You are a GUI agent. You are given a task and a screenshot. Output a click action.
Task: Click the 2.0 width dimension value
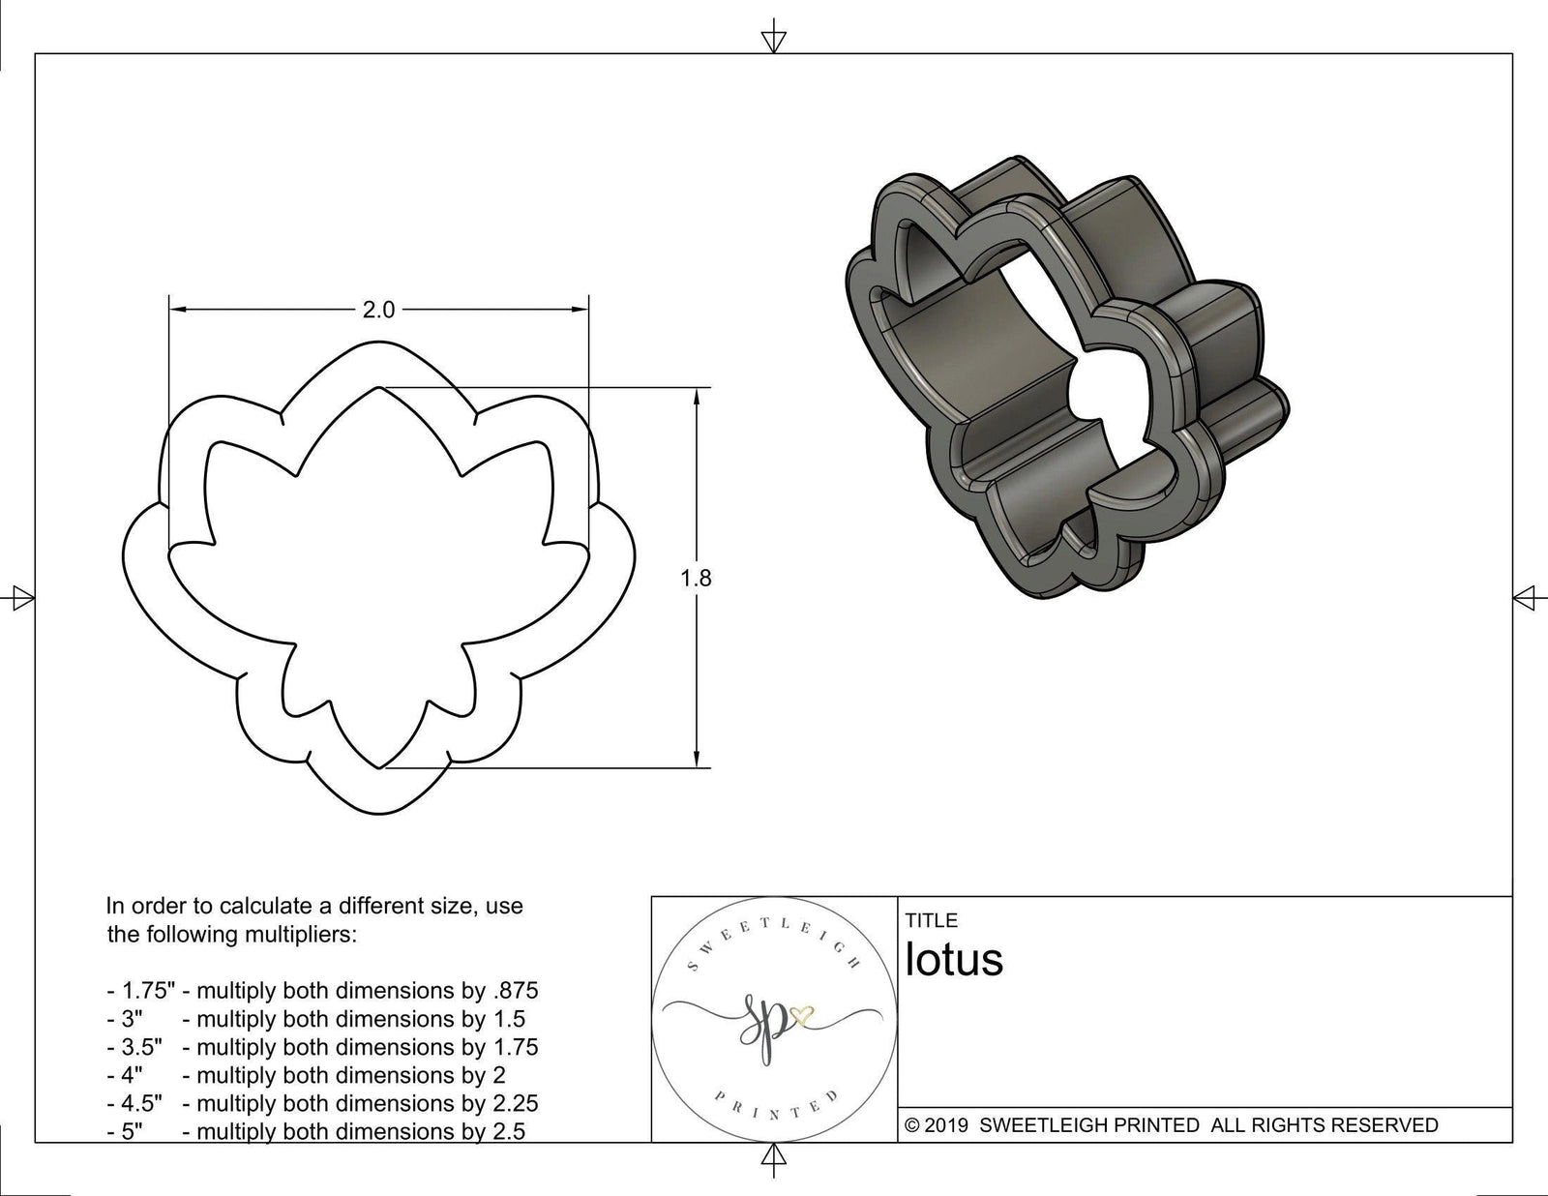[x=378, y=310]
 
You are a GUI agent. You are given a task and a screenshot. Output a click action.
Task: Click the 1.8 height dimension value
[x=696, y=578]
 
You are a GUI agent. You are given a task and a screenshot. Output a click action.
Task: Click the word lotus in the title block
[x=954, y=960]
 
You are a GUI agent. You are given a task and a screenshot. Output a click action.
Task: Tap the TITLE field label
[x=931, y=920]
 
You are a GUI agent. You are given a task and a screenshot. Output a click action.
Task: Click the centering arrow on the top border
[x=773, y=41]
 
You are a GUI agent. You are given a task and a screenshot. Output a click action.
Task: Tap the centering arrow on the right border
[x=1525, y=597]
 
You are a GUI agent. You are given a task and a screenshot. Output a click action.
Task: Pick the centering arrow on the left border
[x=22, y=597]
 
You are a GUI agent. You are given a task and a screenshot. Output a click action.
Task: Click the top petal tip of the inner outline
[x=380, y=388]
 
